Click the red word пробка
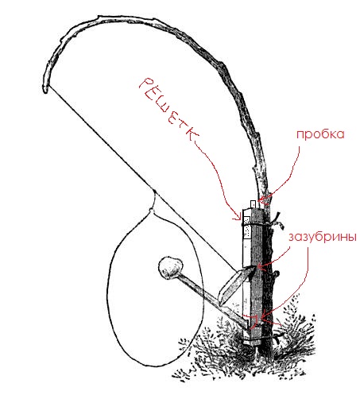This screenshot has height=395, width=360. coord(320,135)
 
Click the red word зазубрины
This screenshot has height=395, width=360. coord(323,237)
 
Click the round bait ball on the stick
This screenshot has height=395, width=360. coord(171,268)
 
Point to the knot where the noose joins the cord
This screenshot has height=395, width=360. coord(152,210)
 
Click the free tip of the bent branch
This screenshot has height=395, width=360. coord(45,91)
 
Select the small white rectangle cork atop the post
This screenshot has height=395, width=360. coord(254,204)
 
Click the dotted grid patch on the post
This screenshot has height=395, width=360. coord(247,227)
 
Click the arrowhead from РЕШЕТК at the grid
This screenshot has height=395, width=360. coord(238,219)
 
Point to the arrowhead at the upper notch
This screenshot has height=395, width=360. coord(260,265)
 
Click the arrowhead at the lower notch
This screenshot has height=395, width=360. coord(263,316)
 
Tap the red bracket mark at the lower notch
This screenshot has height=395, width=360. coord(254,320)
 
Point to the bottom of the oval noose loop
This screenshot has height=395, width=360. coord(157,366)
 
